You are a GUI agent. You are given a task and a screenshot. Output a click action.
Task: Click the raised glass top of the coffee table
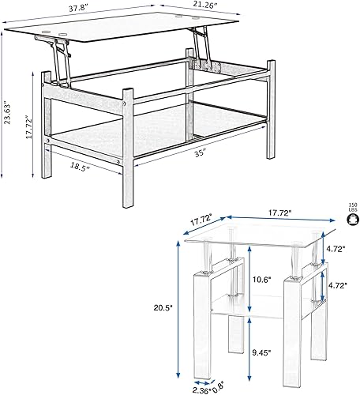tap(118, 30)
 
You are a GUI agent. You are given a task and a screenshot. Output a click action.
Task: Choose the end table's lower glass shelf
tap(261, 304)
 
